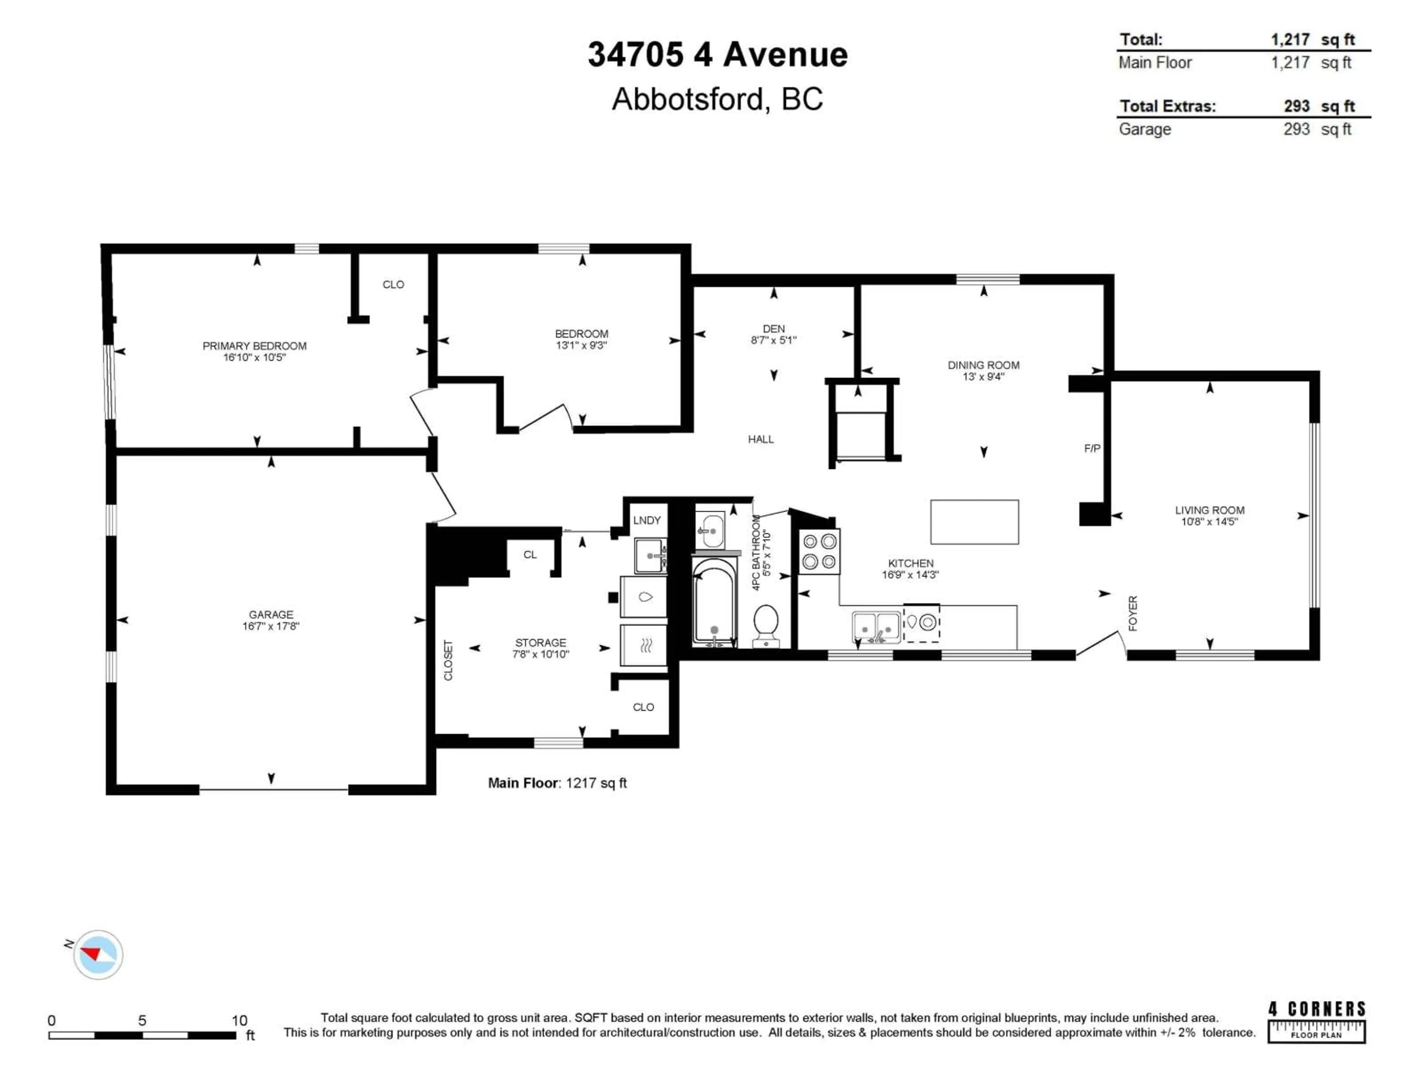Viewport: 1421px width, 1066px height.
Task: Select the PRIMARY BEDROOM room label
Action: point(254,351)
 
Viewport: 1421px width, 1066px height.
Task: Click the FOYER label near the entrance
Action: point(1133,613)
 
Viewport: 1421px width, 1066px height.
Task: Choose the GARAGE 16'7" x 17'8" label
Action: point(271,620)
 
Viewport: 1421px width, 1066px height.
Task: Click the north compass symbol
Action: point(98,954)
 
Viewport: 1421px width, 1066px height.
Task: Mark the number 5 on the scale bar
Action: point(142,1020)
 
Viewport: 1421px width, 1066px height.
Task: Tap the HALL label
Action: point(760,439)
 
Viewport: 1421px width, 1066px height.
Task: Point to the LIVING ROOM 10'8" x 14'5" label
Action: point(1210,515)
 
